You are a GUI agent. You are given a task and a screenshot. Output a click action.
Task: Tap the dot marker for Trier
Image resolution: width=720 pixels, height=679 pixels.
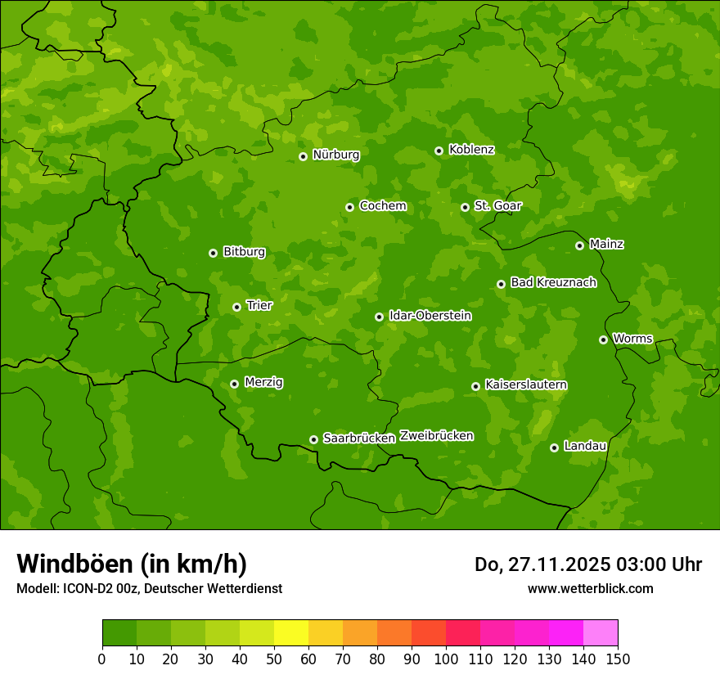tap(237, 307)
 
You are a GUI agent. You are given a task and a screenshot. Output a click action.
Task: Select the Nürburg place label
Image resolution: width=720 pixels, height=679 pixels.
tap(335, 155)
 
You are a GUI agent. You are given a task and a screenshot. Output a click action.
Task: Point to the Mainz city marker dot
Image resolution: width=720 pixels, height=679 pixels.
tap(580, 245)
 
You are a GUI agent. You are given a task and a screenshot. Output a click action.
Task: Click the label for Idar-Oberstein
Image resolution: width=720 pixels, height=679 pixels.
tap(430, 316)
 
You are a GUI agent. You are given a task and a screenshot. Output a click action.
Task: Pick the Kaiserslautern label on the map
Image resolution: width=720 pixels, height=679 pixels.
tap(526, 384)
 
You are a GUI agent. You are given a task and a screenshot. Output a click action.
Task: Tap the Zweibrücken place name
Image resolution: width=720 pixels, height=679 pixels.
tap(436, 436)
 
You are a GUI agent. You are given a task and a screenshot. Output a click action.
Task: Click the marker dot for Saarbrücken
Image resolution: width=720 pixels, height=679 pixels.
tap(313, 439)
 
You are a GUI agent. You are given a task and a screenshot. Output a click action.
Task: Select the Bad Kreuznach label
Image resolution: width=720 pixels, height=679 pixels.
tap(553, 282)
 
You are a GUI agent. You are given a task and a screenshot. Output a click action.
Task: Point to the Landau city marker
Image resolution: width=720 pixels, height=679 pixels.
tap(555, 447)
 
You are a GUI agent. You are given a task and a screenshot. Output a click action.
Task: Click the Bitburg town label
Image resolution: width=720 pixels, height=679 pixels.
tap(244, 252)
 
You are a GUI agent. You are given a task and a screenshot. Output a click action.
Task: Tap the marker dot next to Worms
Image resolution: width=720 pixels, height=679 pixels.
tap(604, 339)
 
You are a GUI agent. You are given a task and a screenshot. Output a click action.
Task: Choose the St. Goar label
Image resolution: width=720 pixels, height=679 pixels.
tap(497, 206)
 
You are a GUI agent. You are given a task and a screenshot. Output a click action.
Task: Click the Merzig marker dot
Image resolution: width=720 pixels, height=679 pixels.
tap(235, 384)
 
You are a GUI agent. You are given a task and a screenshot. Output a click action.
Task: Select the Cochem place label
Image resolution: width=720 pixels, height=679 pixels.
tap(383, 206)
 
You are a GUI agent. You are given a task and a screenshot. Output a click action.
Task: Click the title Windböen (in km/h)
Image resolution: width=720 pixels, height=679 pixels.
tap(132, 564)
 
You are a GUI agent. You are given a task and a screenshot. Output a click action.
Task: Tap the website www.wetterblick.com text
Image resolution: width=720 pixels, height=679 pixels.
tap(590, 588)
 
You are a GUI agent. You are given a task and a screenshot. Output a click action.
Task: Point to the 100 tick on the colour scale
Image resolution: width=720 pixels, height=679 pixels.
tap(446, 659)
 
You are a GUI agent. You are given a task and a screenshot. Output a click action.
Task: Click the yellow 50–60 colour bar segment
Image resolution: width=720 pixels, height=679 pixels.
tap(291, 633)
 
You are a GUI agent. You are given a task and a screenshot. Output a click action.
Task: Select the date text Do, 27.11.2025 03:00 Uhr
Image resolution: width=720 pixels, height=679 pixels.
tap(587, 564)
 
